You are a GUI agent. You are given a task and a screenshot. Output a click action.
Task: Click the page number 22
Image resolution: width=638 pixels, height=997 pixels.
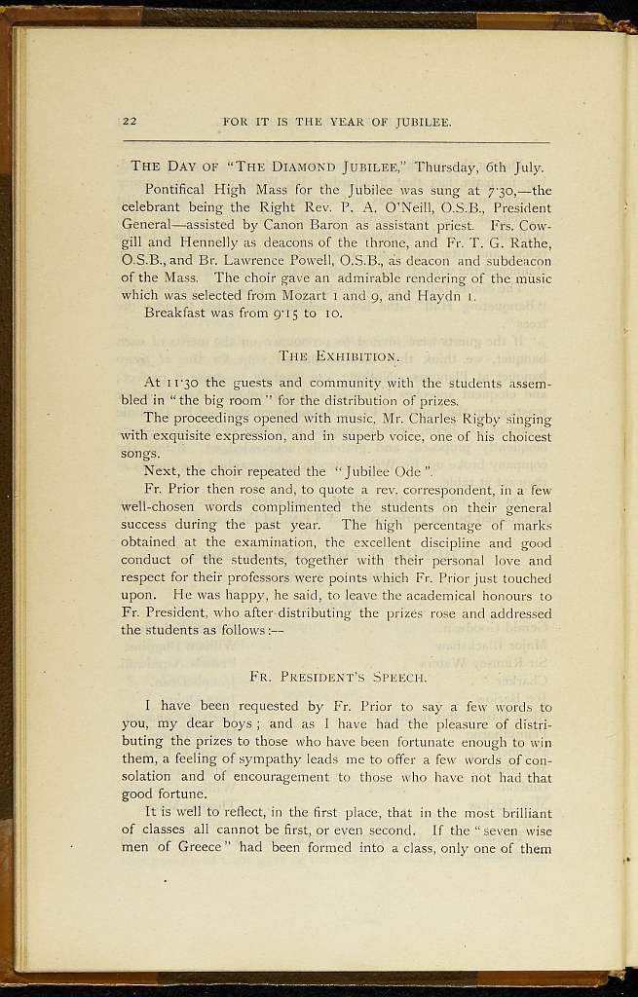(x=130, y=122)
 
